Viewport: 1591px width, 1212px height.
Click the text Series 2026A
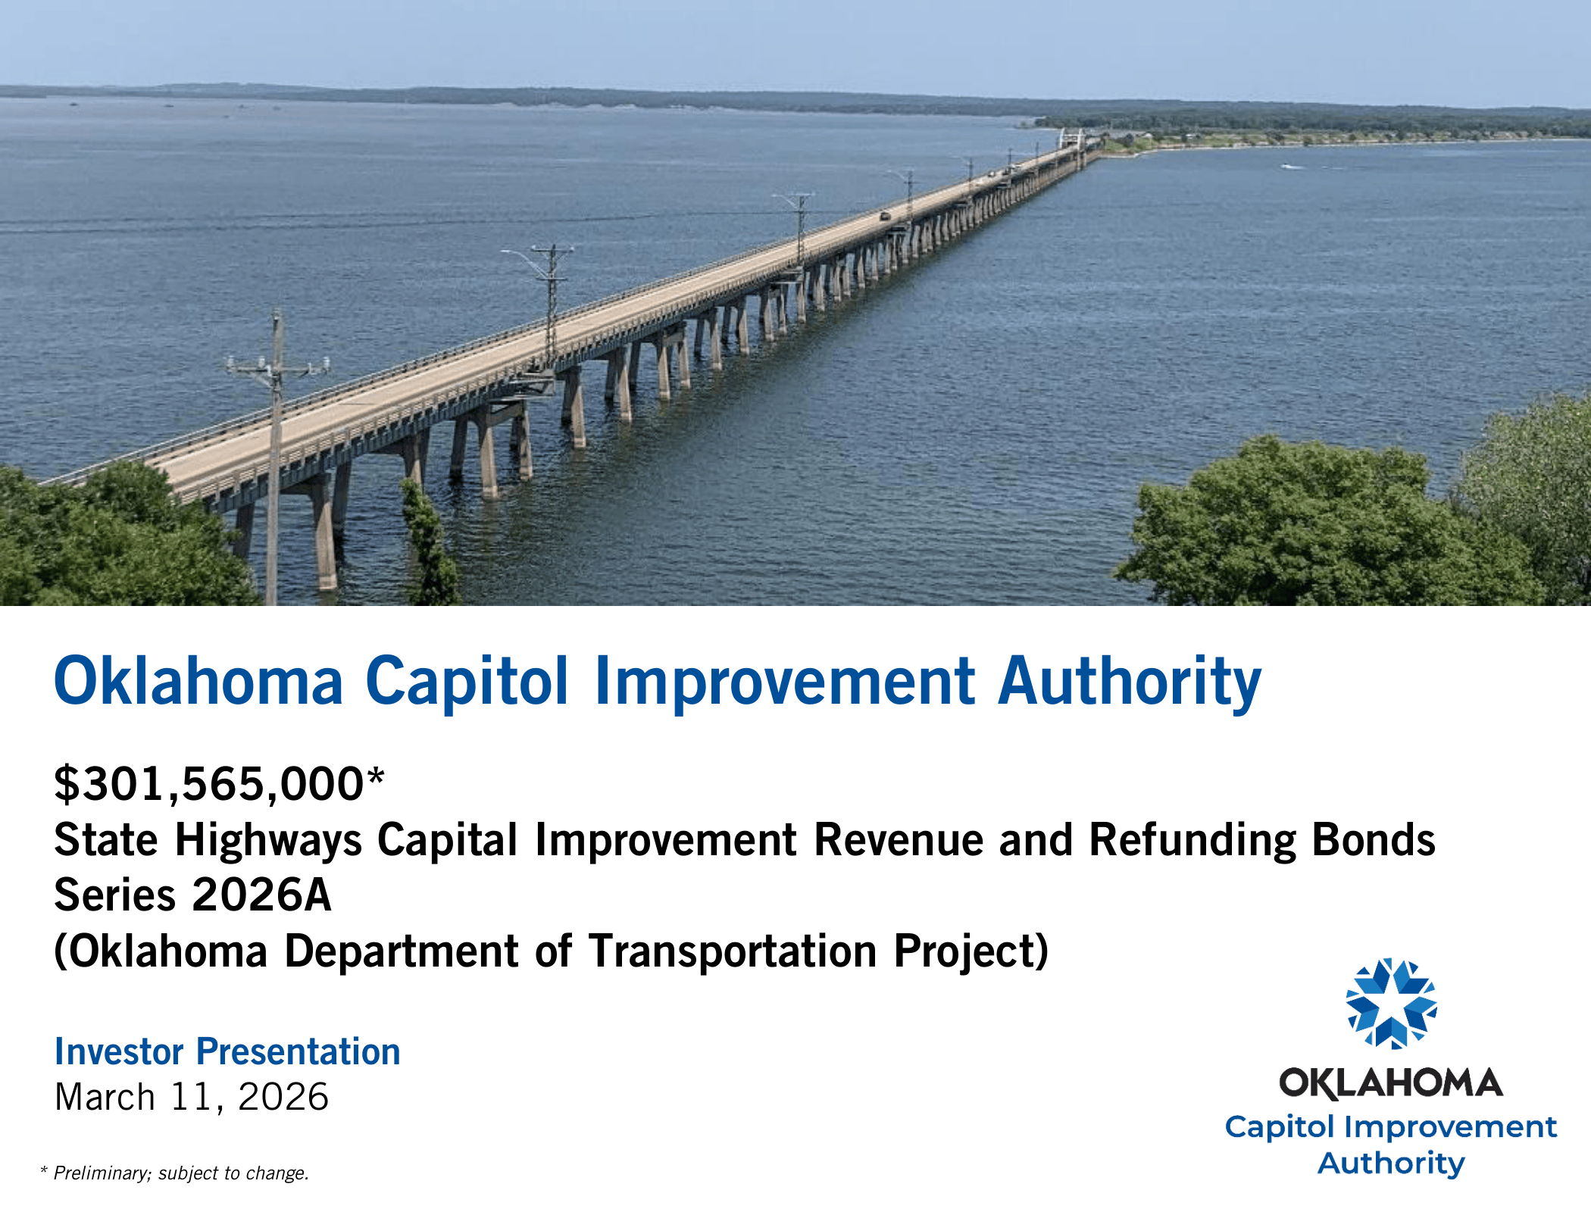tap(192, 895)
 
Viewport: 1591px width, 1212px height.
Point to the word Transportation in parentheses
tap(733, 951)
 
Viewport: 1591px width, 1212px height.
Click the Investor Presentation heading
tap(227, 1051)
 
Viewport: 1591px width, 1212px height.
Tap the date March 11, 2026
tap(192, 1097)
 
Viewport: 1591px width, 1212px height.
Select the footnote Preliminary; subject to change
tap(181, 1173)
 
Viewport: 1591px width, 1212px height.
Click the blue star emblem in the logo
tap(1391, 1003)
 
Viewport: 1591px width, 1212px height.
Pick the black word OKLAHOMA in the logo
tap(1391, 1083)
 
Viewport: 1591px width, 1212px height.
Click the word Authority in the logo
tap(1391, 1163)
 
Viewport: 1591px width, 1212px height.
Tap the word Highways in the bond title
tap(269, 841)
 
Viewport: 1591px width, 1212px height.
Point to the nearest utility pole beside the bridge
tap(276, 454)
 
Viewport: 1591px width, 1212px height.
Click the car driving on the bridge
tap(885, 217)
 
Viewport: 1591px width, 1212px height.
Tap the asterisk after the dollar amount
tap(376, 776)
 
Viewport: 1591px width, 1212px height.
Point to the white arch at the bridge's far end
tap(1072, 139)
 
